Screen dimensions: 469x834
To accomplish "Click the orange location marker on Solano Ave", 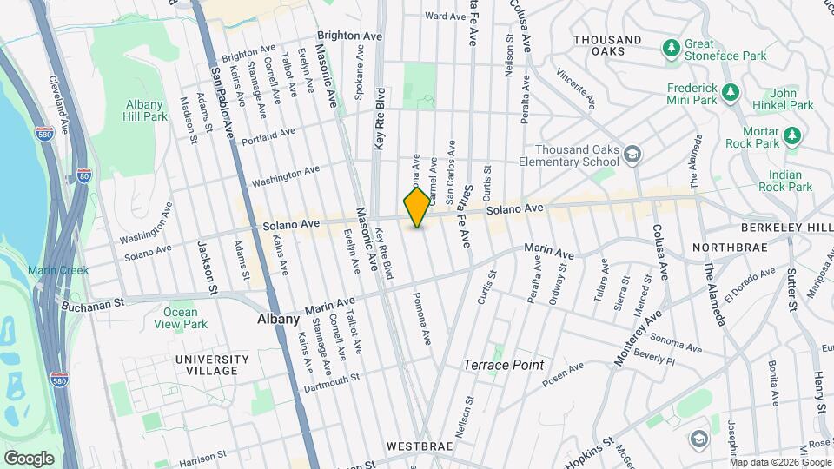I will (417, 208).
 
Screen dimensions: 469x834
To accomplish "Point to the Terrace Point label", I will (504, 365).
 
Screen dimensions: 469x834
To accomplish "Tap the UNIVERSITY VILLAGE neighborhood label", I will (206, 365).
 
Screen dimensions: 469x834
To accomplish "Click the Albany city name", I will (279, 319).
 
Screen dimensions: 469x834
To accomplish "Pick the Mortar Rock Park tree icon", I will (791, 135).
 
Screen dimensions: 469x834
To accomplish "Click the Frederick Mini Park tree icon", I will (731, 89).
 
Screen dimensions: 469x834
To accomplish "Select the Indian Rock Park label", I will (783, 181).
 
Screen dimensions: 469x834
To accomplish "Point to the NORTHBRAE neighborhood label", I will (731, 248).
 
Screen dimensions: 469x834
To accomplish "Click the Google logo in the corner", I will (29, 458).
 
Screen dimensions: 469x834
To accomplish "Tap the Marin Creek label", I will (58, 270).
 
